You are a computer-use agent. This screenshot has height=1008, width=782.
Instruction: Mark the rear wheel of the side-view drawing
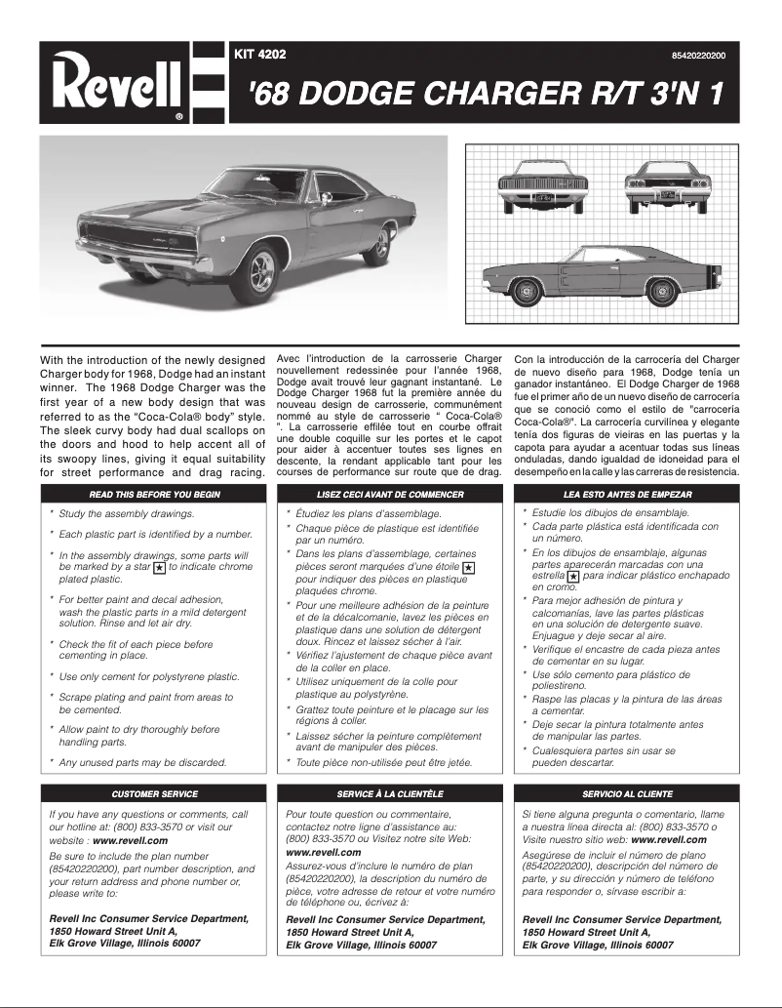[665, 290]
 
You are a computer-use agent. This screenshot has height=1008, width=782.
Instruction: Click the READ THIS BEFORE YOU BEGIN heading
[155, 494]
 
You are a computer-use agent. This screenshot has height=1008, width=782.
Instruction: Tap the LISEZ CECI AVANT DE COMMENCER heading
[390, 494]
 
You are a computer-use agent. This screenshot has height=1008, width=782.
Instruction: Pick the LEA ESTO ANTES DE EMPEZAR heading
[626, 494]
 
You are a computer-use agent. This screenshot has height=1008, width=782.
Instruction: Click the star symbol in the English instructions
[160, 566]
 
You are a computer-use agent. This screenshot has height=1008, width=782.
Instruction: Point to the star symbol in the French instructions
[468, 567]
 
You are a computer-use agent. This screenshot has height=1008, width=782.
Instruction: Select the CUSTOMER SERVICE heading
[155, 793]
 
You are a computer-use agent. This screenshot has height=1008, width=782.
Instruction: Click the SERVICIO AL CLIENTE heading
[626, 793]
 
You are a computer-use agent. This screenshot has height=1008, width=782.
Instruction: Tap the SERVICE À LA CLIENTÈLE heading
[390, 793]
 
